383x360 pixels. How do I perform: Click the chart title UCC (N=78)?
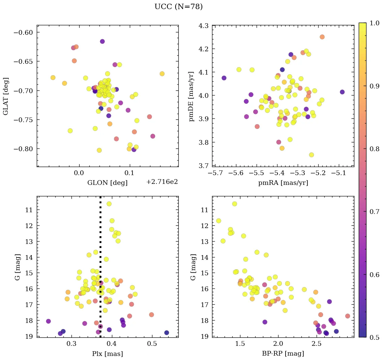(x=178, y=7)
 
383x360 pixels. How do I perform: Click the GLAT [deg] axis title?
(x=6, y=96)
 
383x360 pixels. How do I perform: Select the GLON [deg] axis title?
(x=107, y=183)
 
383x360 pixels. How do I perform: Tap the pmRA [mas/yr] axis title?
(x=283, y=183)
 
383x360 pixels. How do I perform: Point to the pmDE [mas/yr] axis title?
(x=192, y=96)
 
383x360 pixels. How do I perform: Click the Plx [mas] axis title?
(x=107, y=354)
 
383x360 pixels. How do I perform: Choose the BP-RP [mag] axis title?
(x=283, y=354)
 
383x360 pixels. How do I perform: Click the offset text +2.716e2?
(x=162, y=182)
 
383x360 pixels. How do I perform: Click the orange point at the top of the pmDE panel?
(x=322, y=37)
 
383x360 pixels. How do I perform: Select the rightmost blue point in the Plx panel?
(x=167, y=333)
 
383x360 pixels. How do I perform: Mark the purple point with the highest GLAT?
(x=102, y=41)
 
